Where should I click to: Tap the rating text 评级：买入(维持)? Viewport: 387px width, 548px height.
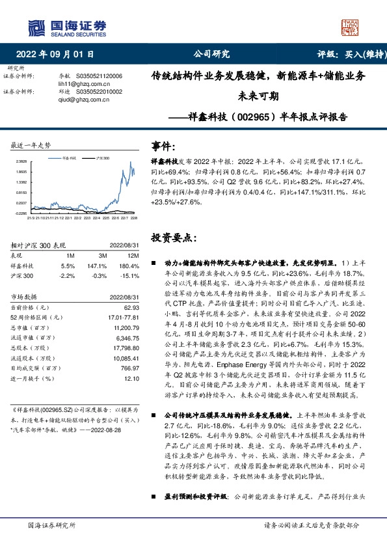pos(347,54)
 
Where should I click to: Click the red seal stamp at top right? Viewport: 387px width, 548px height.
pos(352,27)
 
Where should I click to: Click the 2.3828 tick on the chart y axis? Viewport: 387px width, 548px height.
pos(21,161)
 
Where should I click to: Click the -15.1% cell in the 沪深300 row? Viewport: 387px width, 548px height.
pos(129,276)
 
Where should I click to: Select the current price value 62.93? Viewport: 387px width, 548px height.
pos(131,307)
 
